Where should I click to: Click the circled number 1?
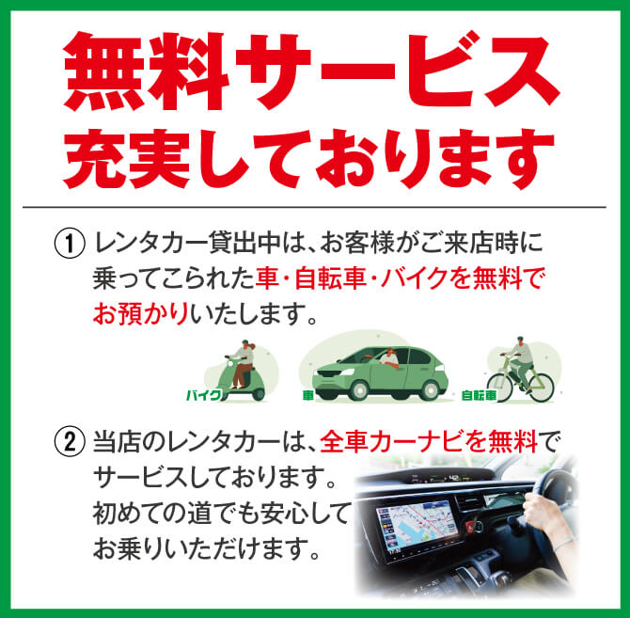tap(70, 243)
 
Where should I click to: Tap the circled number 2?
tap(70, 442)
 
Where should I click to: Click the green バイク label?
tap(204, 395)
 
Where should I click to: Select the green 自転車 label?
tap(479, 396)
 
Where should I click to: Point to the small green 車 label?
tap(307, 396)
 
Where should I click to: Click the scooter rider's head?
tap(245, 345)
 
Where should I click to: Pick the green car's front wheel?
tap(359, 389)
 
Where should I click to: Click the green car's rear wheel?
tap(430, 389)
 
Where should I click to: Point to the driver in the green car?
tap(389, 357)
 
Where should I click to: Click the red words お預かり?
tap(141, 314)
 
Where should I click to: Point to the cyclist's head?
tap(520, 341)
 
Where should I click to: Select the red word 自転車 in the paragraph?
tap(330, 278)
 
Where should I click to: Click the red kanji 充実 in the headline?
tap(127, 159)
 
